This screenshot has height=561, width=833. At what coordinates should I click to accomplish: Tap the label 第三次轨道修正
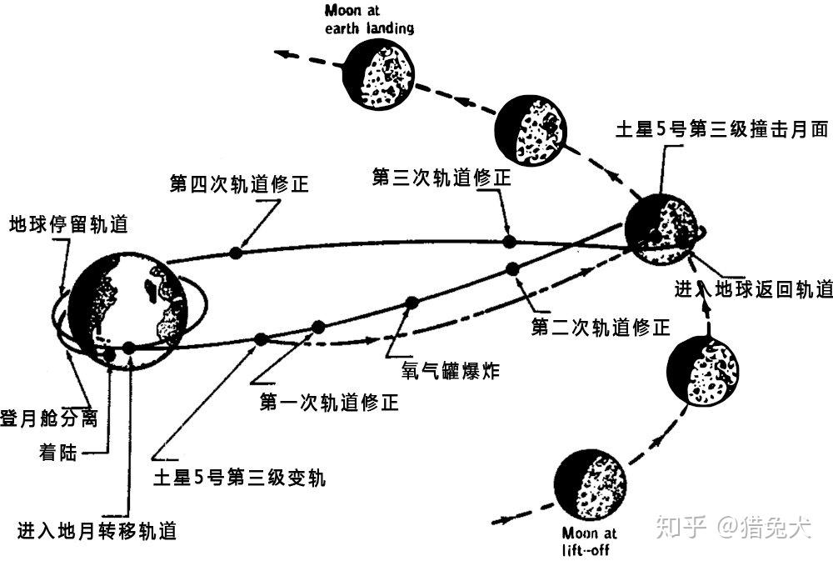tap(441, 178)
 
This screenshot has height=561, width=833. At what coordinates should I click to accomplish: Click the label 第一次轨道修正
tap(329, 403)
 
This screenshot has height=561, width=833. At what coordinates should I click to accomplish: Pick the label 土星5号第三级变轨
tap(240, 478)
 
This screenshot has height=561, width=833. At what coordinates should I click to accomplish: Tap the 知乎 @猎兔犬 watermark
tap(733, 526)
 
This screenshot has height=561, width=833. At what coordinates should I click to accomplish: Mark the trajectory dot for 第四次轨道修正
tap(236, 252)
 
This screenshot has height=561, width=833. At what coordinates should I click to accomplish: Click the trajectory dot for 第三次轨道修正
tap(510, 241)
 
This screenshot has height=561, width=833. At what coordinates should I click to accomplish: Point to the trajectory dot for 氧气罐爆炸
tap(410, 302)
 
